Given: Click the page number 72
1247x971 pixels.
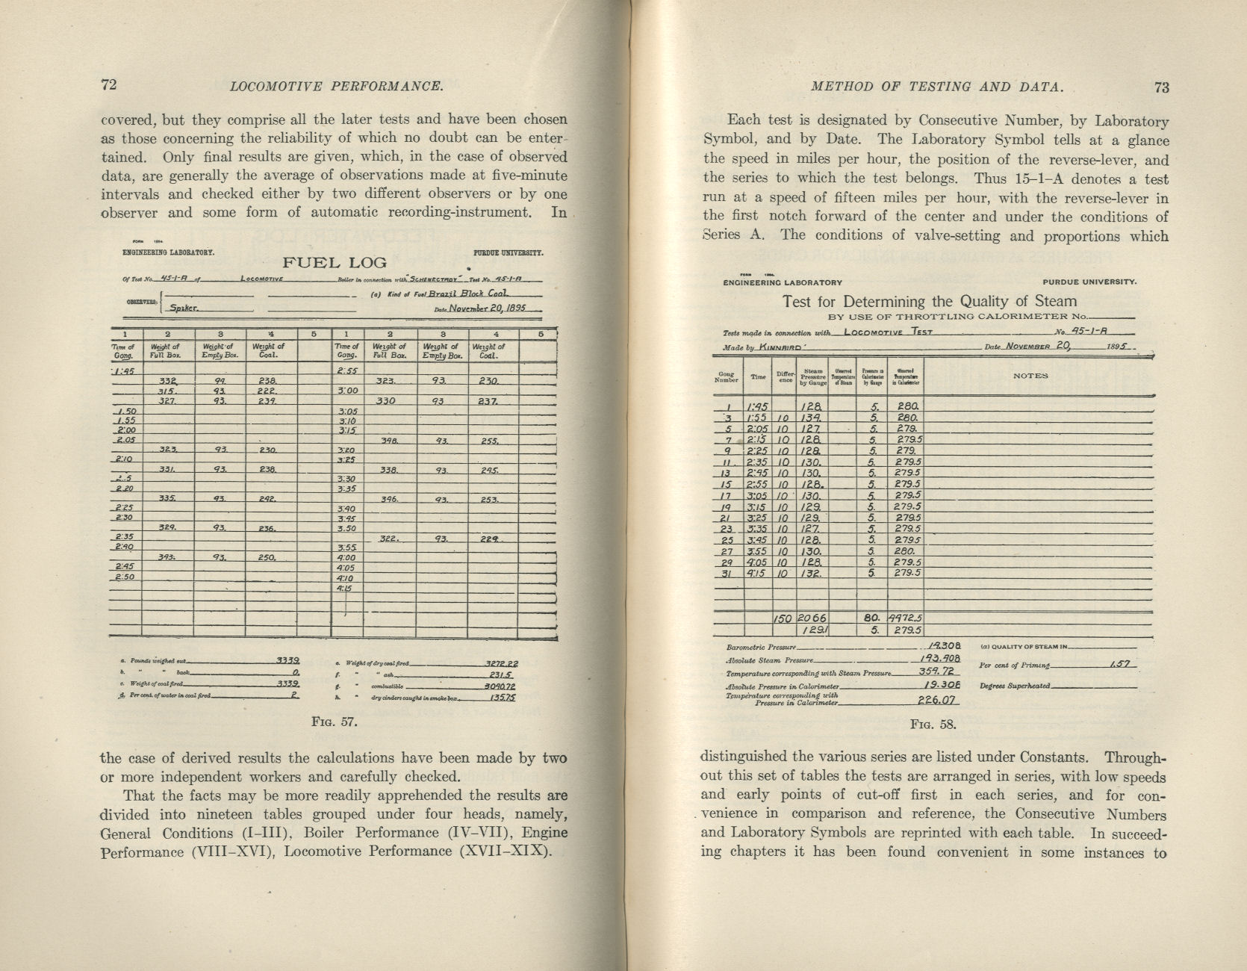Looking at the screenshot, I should (109, 84).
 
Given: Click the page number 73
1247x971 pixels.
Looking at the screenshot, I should (1161, 87).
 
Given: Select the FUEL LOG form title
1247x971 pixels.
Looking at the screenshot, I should (334, 263).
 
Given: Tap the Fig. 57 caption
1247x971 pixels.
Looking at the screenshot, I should (334, 722).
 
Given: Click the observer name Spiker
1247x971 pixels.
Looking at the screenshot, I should (184, 308).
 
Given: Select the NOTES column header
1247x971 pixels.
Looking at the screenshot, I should (1030, 376).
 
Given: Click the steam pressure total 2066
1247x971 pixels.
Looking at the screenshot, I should (812, 618).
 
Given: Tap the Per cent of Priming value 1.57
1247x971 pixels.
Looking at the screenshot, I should (1121, 664).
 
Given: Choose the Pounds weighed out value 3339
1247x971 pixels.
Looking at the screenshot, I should (287, 660).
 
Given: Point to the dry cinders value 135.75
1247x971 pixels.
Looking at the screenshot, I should (503, 697).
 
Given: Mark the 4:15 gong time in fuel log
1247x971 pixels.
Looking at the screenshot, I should (344, 588).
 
